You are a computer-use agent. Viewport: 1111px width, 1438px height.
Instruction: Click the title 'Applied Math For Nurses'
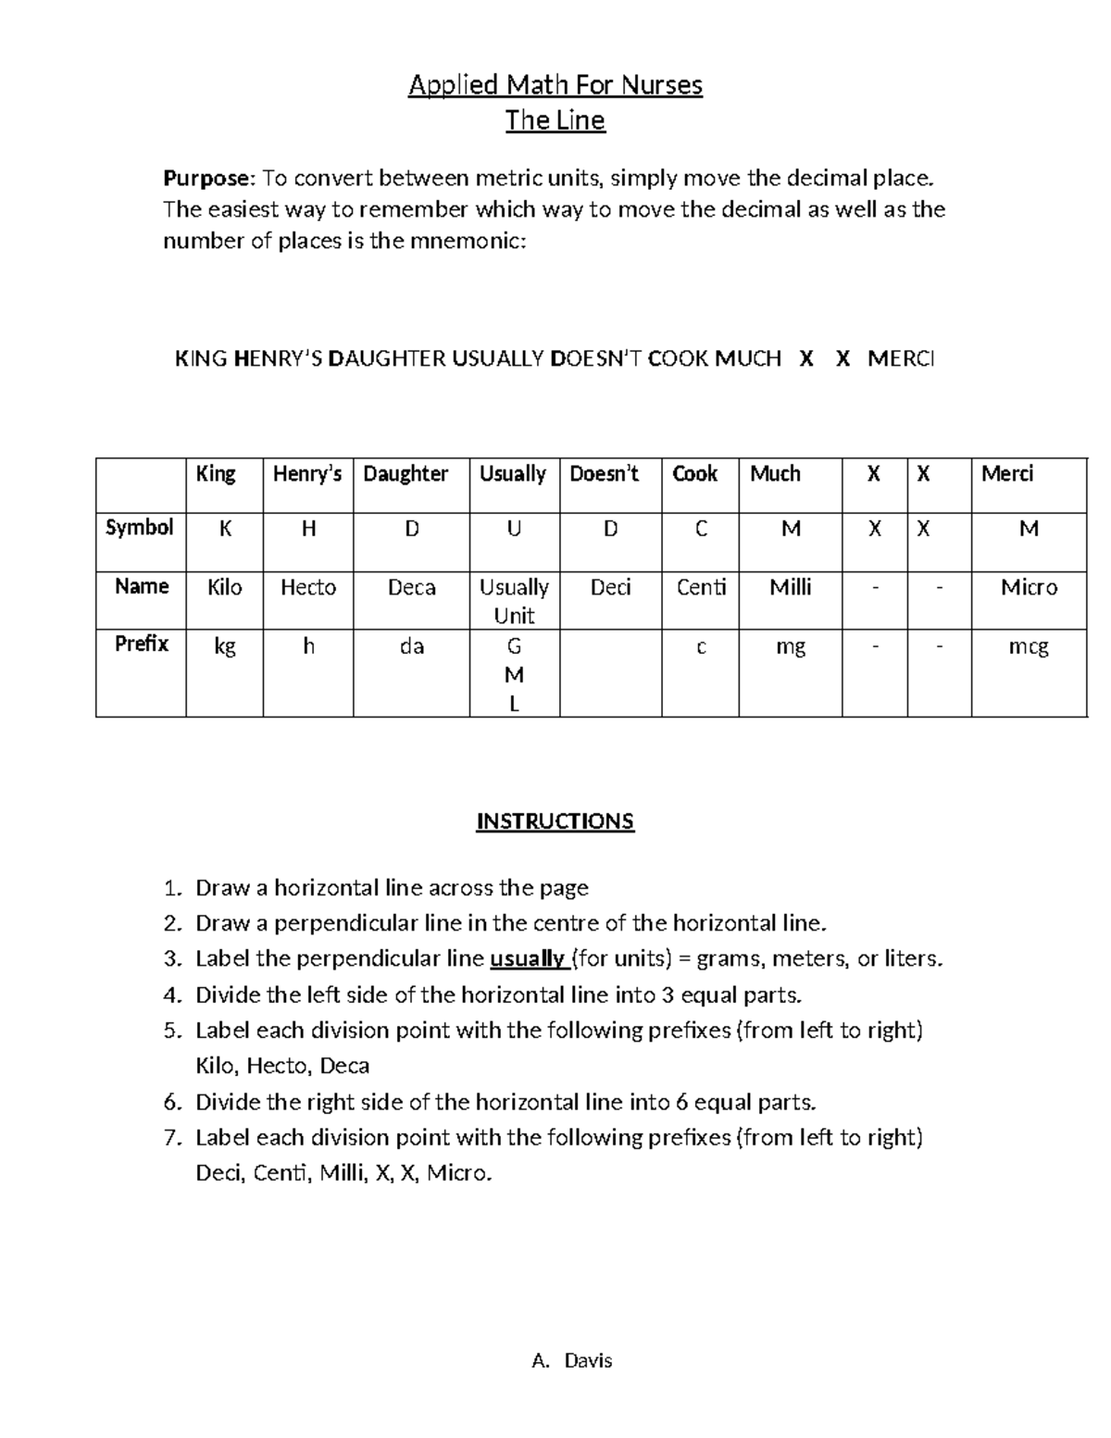point(555,86)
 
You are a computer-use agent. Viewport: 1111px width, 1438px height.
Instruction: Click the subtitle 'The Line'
point(555,120)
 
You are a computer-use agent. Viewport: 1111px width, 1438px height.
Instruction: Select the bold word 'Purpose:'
point(210,178)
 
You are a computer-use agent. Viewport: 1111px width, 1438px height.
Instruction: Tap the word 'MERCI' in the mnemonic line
point(901,358)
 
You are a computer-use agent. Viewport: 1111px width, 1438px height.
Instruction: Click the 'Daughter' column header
point(406,474)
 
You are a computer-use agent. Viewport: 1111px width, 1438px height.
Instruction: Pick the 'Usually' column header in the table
point(512,474)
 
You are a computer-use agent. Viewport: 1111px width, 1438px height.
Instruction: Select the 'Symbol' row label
point(140,528)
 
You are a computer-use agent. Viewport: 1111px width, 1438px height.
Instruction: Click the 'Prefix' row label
point(141,644)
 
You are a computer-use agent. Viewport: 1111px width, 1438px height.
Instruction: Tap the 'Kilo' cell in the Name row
point(224,587)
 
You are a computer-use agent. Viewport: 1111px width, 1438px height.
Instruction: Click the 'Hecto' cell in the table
point(307,587)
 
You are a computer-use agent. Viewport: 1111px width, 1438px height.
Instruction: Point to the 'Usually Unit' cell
point(514,601)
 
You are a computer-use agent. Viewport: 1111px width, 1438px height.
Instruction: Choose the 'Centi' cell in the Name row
point(701,587)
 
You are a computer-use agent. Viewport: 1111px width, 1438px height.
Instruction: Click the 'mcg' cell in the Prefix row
point(1029,646)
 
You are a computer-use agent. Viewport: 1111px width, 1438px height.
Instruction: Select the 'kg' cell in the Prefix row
point(224,646)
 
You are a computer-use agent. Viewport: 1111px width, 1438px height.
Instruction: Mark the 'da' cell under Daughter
point(411,646)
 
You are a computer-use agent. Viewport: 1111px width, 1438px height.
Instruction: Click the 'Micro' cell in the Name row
point(1029,587)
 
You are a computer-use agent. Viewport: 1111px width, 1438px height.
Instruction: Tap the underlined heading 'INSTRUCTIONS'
point(555,821)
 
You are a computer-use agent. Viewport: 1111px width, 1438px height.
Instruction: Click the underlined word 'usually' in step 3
point(527,959)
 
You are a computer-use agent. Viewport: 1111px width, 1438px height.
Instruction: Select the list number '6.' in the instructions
point(172,1103)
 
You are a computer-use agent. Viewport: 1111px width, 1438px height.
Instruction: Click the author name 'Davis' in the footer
point(589,1360)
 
